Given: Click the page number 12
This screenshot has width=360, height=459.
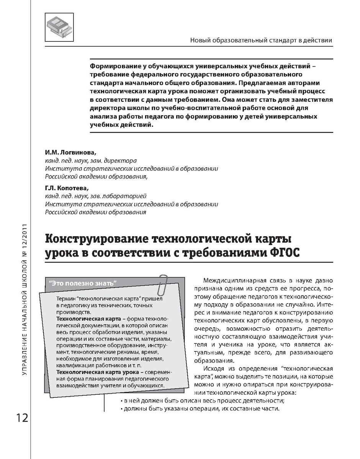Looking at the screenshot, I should [x=22, y=418].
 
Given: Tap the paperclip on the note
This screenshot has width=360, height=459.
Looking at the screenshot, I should [x=164, y=283].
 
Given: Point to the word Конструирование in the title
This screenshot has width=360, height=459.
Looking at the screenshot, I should [x=97, y=239].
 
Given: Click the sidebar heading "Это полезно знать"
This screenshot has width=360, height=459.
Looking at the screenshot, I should [x=83, y=283].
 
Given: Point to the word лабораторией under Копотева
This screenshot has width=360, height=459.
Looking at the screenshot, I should [x=124, y=196].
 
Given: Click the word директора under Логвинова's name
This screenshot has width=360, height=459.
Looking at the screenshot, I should [x=122, y=161].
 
